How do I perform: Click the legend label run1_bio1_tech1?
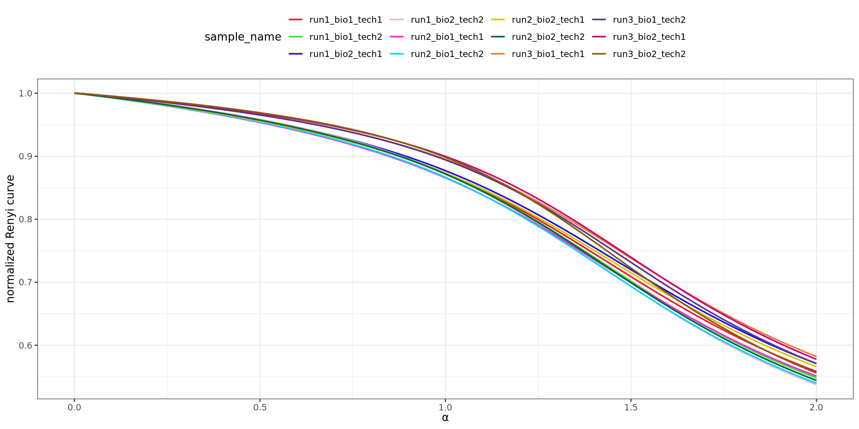pyautogui.click(x=346, y=20)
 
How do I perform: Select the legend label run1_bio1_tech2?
pyautogui.click(x=346, y=37)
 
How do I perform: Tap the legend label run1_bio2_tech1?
pyautogui.click(x=346, y=54)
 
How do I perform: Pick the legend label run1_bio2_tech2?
pyautogui.click(x=447, y=20)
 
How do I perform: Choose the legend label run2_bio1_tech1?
pyautogui.click(x=447, y=37)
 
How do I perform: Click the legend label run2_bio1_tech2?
pyautogui.click(x=447, y=54)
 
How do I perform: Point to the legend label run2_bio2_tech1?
pyautogui.click(x=548, y=20)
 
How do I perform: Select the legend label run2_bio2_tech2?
pyautogui.click(x=548, y=37)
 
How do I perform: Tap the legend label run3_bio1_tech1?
pyautogui.click(x=548, y=54)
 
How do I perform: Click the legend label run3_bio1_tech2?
pyautogui.click(x=649, y=20)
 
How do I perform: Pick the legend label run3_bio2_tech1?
pyautogui.click(x=649, y=37)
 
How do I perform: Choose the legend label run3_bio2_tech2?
pyautogui.click(x=649, y=54)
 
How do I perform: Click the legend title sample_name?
pyautogui.click(x=243, y=37)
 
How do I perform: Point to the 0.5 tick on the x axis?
pyautogui.click(x=260, y=407)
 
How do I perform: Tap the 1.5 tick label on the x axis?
pyautogui.click(x=631, y=407)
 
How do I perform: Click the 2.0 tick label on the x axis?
pyautogui.click(x=816, y=407)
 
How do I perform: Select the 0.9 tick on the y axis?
pyautogui.click(x=25, y=156)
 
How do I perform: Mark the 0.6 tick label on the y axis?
pyautogui.click(x=25, y=346)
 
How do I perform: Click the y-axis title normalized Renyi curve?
pyautogui.click(x=10, y=238)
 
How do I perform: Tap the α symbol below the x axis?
pyautogui.click(x=445, y=418)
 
